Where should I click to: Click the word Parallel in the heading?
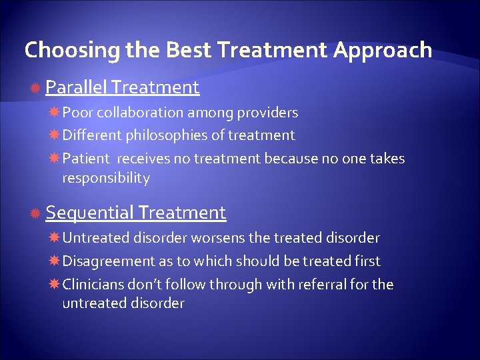point(76,87)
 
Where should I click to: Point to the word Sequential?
point(90,213)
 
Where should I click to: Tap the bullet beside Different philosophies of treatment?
point(54,135)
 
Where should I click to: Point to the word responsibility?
point(105,178)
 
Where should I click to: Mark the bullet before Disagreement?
point(54,261)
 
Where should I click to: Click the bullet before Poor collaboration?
point(54,113)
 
